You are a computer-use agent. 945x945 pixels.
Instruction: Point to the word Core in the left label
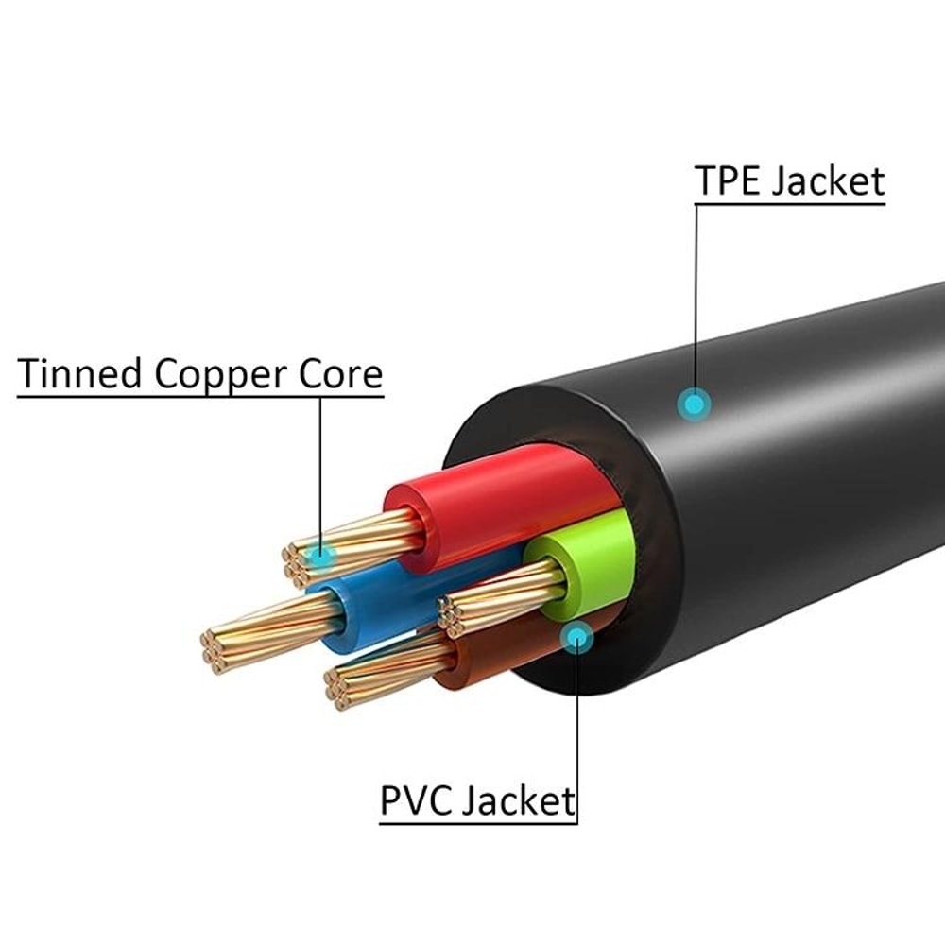tap(343, 374)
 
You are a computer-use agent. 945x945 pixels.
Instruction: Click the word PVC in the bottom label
tap(418, 800)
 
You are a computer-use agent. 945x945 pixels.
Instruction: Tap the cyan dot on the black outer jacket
tap(696, 406)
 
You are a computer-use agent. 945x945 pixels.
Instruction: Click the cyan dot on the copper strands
tap(322, 556)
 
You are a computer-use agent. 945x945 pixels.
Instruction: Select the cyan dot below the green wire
tap(575, 639)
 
